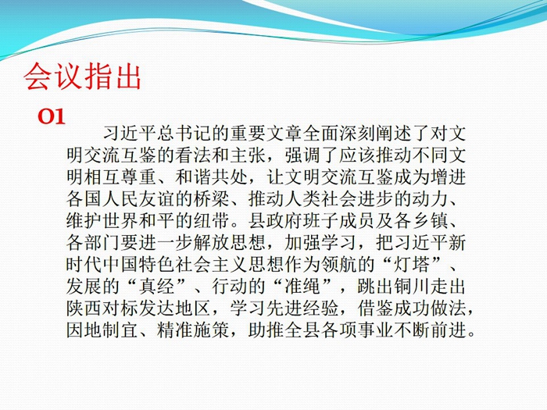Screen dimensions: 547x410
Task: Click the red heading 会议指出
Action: coord(82,77)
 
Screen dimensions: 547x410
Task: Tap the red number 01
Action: coord(52,116)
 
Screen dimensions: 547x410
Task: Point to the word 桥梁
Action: coord(212,199)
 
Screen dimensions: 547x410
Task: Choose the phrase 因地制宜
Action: coord(102,330)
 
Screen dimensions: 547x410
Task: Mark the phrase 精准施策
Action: coord(193,330)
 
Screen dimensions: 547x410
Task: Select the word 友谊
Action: coord(157,199)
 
